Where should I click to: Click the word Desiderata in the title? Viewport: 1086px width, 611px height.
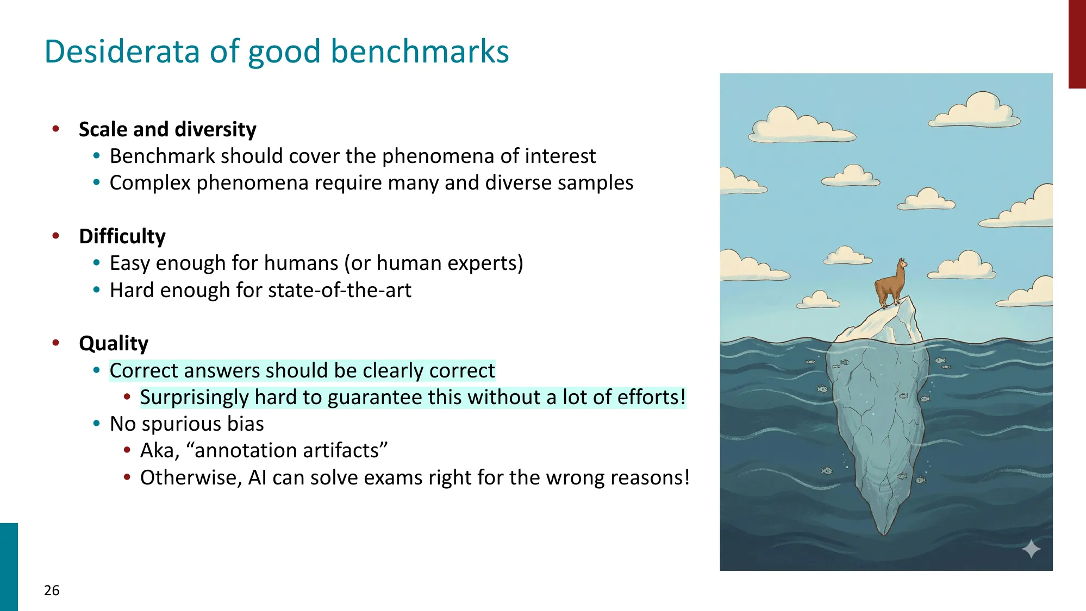point(122,52)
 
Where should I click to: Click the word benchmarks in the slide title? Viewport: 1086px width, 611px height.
point(419,52)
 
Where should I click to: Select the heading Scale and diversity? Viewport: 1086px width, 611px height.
point(167,129)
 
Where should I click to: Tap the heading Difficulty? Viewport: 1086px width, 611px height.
point(122,236)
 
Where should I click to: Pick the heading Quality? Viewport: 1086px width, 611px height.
point(114,343)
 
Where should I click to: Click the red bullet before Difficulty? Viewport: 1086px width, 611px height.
point(56,236)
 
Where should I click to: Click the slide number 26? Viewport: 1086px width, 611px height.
point(52,590)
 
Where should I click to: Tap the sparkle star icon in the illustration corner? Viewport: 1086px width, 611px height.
point(1031,549)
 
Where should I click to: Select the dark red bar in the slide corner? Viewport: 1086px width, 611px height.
point(1077,43)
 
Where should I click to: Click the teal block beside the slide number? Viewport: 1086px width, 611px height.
point(9,566)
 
